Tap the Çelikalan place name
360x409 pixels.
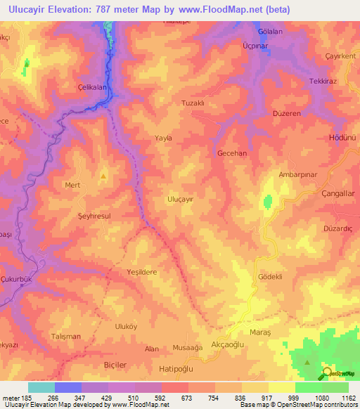[x=91, y=87]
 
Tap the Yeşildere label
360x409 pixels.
[x=141, y=271]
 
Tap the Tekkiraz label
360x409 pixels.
[x=324, y=82]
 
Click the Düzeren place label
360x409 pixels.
[x=285, y=113]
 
